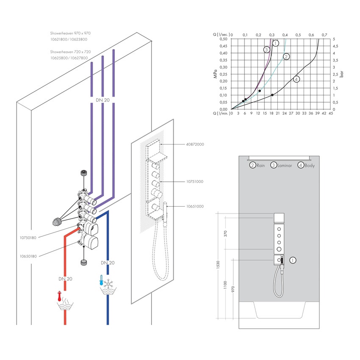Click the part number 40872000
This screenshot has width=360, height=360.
(194, 144)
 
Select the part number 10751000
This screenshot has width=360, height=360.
(194, 182)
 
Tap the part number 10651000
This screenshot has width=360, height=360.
(194, 206)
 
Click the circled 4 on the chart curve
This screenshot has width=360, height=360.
(296, 79)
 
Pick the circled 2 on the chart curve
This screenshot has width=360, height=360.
(286, 56)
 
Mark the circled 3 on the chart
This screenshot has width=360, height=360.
(266, 50)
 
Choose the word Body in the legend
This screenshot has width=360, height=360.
(310, 166)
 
